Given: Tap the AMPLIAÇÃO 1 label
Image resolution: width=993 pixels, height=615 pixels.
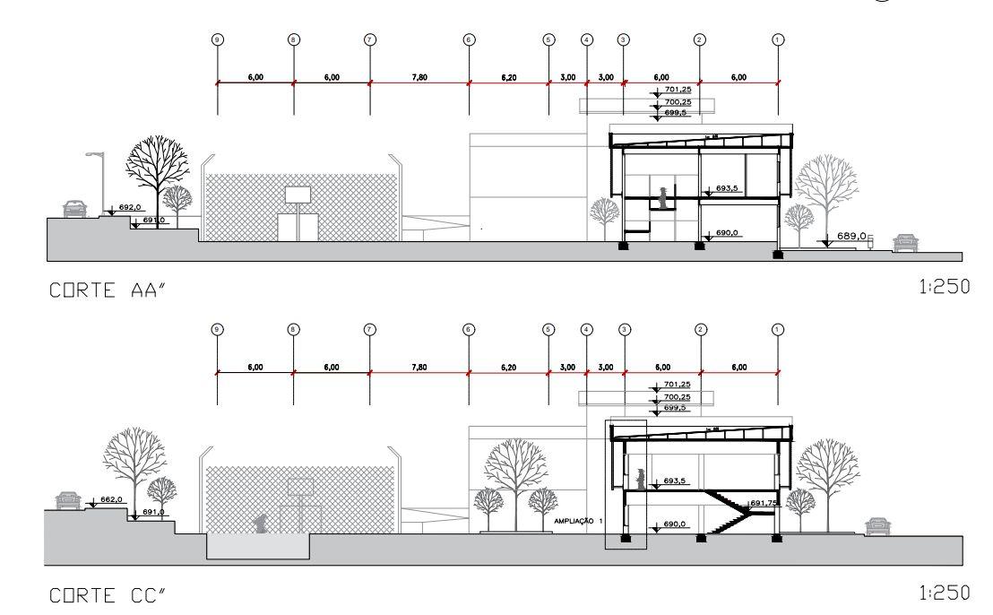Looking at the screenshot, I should click(x=579, y=520).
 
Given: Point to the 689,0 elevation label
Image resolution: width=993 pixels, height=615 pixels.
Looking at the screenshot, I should click(x=851, y=237).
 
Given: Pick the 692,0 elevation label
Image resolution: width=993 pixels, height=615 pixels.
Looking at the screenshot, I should click(x=130, y=207).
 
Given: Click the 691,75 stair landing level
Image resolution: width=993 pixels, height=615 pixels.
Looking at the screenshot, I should click(x=764, y=503).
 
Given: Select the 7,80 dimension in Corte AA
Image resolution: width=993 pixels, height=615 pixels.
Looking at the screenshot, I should click(x=419, y=77).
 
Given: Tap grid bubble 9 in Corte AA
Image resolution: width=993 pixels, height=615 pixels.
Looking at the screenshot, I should click(x=217, y=40).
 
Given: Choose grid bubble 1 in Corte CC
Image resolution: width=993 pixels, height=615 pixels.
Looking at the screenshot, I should click(x=778, y=329).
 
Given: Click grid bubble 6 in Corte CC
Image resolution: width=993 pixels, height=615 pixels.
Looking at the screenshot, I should click(x=469, y=329).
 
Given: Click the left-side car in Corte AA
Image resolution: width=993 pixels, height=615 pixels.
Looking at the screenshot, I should click(x=75, y=209).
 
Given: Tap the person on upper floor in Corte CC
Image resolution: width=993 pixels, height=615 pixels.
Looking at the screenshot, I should click(x=640, y=476).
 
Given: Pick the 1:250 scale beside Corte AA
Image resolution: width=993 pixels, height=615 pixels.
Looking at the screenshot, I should click(x=948, y=287).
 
